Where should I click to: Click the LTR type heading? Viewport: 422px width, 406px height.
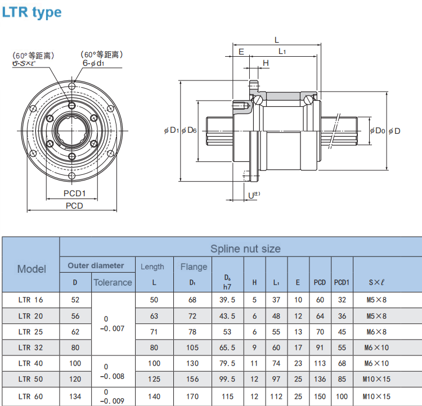(x=32, y=12)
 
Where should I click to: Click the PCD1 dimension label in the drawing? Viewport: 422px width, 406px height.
(x=74, y=193)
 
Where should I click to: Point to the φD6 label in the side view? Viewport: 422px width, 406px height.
(x=189, y=130)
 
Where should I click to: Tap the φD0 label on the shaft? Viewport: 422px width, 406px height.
(x=378, y=131)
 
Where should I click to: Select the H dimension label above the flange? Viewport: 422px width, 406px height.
(x=266, y=63)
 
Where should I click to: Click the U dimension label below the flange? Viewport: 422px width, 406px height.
(x=254, y=195)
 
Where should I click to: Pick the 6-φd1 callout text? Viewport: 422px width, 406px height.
(x=93, y=63)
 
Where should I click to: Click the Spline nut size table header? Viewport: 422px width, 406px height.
(x=245, y=249)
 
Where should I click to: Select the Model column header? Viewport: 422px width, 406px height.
(x=32, y=269)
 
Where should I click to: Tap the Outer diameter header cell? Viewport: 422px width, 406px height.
(x=96, y=265)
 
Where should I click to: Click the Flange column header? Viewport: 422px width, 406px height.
(x=194, y=267)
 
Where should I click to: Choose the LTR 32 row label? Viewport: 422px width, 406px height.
(x=30, y=348)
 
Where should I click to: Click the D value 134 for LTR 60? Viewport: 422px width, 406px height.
(x=75, y=396)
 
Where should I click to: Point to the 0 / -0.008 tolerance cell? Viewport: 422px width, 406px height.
(x=112, y=372)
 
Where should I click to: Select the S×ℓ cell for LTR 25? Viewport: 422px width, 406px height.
(x=376, y=332)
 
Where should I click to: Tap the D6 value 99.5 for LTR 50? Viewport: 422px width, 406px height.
(x=227, y=379)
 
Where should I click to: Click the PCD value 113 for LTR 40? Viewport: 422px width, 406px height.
(x=320, y=363)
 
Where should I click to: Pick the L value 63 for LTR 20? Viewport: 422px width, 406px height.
(x=154, y=316)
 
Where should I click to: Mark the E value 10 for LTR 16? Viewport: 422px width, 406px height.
(x=298, y=300)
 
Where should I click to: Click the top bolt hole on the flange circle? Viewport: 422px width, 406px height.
(x=72, y=86)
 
